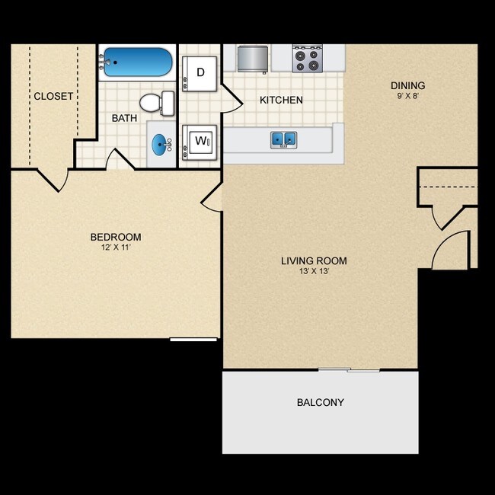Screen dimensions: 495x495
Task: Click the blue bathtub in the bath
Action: [x=138, y=62]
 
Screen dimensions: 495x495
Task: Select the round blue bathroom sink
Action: [x=161, y=143]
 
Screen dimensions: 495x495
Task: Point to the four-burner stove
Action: [x=308, y=59]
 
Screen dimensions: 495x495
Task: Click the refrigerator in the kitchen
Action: [x=253, y=58]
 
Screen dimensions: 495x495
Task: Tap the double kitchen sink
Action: [x=283, y=139]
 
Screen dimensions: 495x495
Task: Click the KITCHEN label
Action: [x=281, y=100]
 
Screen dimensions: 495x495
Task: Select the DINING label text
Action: [x=407, y=85]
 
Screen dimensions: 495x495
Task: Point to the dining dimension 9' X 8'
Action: [x=407, y=97]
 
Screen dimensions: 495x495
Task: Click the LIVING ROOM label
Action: [x=314, y=261]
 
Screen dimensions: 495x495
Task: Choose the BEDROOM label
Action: [x=116, y=237]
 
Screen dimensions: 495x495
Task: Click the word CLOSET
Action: [x=53, y=96]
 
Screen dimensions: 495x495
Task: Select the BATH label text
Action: [x=123, y=118]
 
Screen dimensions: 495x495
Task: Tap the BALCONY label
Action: [x=320, y=402]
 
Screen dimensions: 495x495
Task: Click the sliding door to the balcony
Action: [x=349, y=370]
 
